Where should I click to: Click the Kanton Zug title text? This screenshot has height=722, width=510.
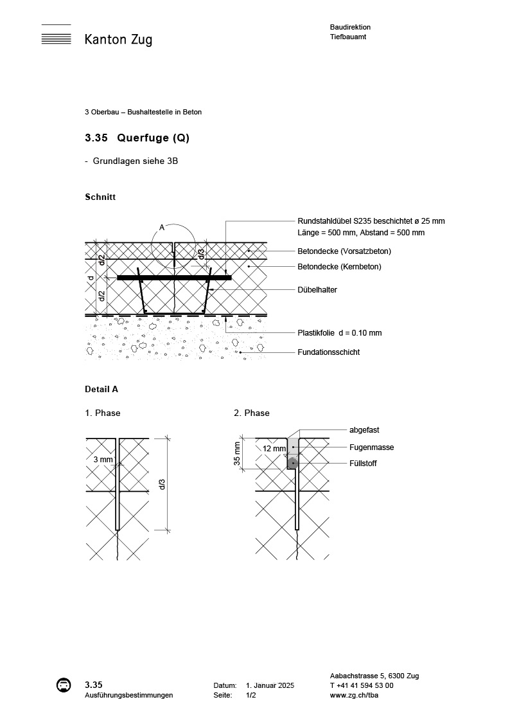click(118, 40)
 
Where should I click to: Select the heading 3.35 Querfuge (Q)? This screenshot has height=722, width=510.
click(137, 138)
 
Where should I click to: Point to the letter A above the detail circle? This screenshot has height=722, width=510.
click(161, 228)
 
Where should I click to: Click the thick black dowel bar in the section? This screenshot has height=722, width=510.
click(174, 278)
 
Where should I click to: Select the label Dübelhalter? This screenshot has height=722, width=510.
click(317, 290)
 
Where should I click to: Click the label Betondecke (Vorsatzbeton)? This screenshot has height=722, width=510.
click(344, 251)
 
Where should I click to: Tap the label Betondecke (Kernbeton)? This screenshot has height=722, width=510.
click(339, 267)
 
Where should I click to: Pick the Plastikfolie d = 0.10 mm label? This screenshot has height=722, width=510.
click(339, 333)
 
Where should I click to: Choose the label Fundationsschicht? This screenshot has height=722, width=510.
click(328, 352)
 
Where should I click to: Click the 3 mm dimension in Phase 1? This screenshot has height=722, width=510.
click(103, 460)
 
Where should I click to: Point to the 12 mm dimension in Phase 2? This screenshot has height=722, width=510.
click(274, 448)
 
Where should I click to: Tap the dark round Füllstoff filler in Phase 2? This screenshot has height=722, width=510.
click(292, 462)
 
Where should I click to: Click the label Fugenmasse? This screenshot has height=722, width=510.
click(371, 447)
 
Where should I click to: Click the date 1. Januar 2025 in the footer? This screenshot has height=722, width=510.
click(270, 686)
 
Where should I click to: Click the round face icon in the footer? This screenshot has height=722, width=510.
click(63, 685)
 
